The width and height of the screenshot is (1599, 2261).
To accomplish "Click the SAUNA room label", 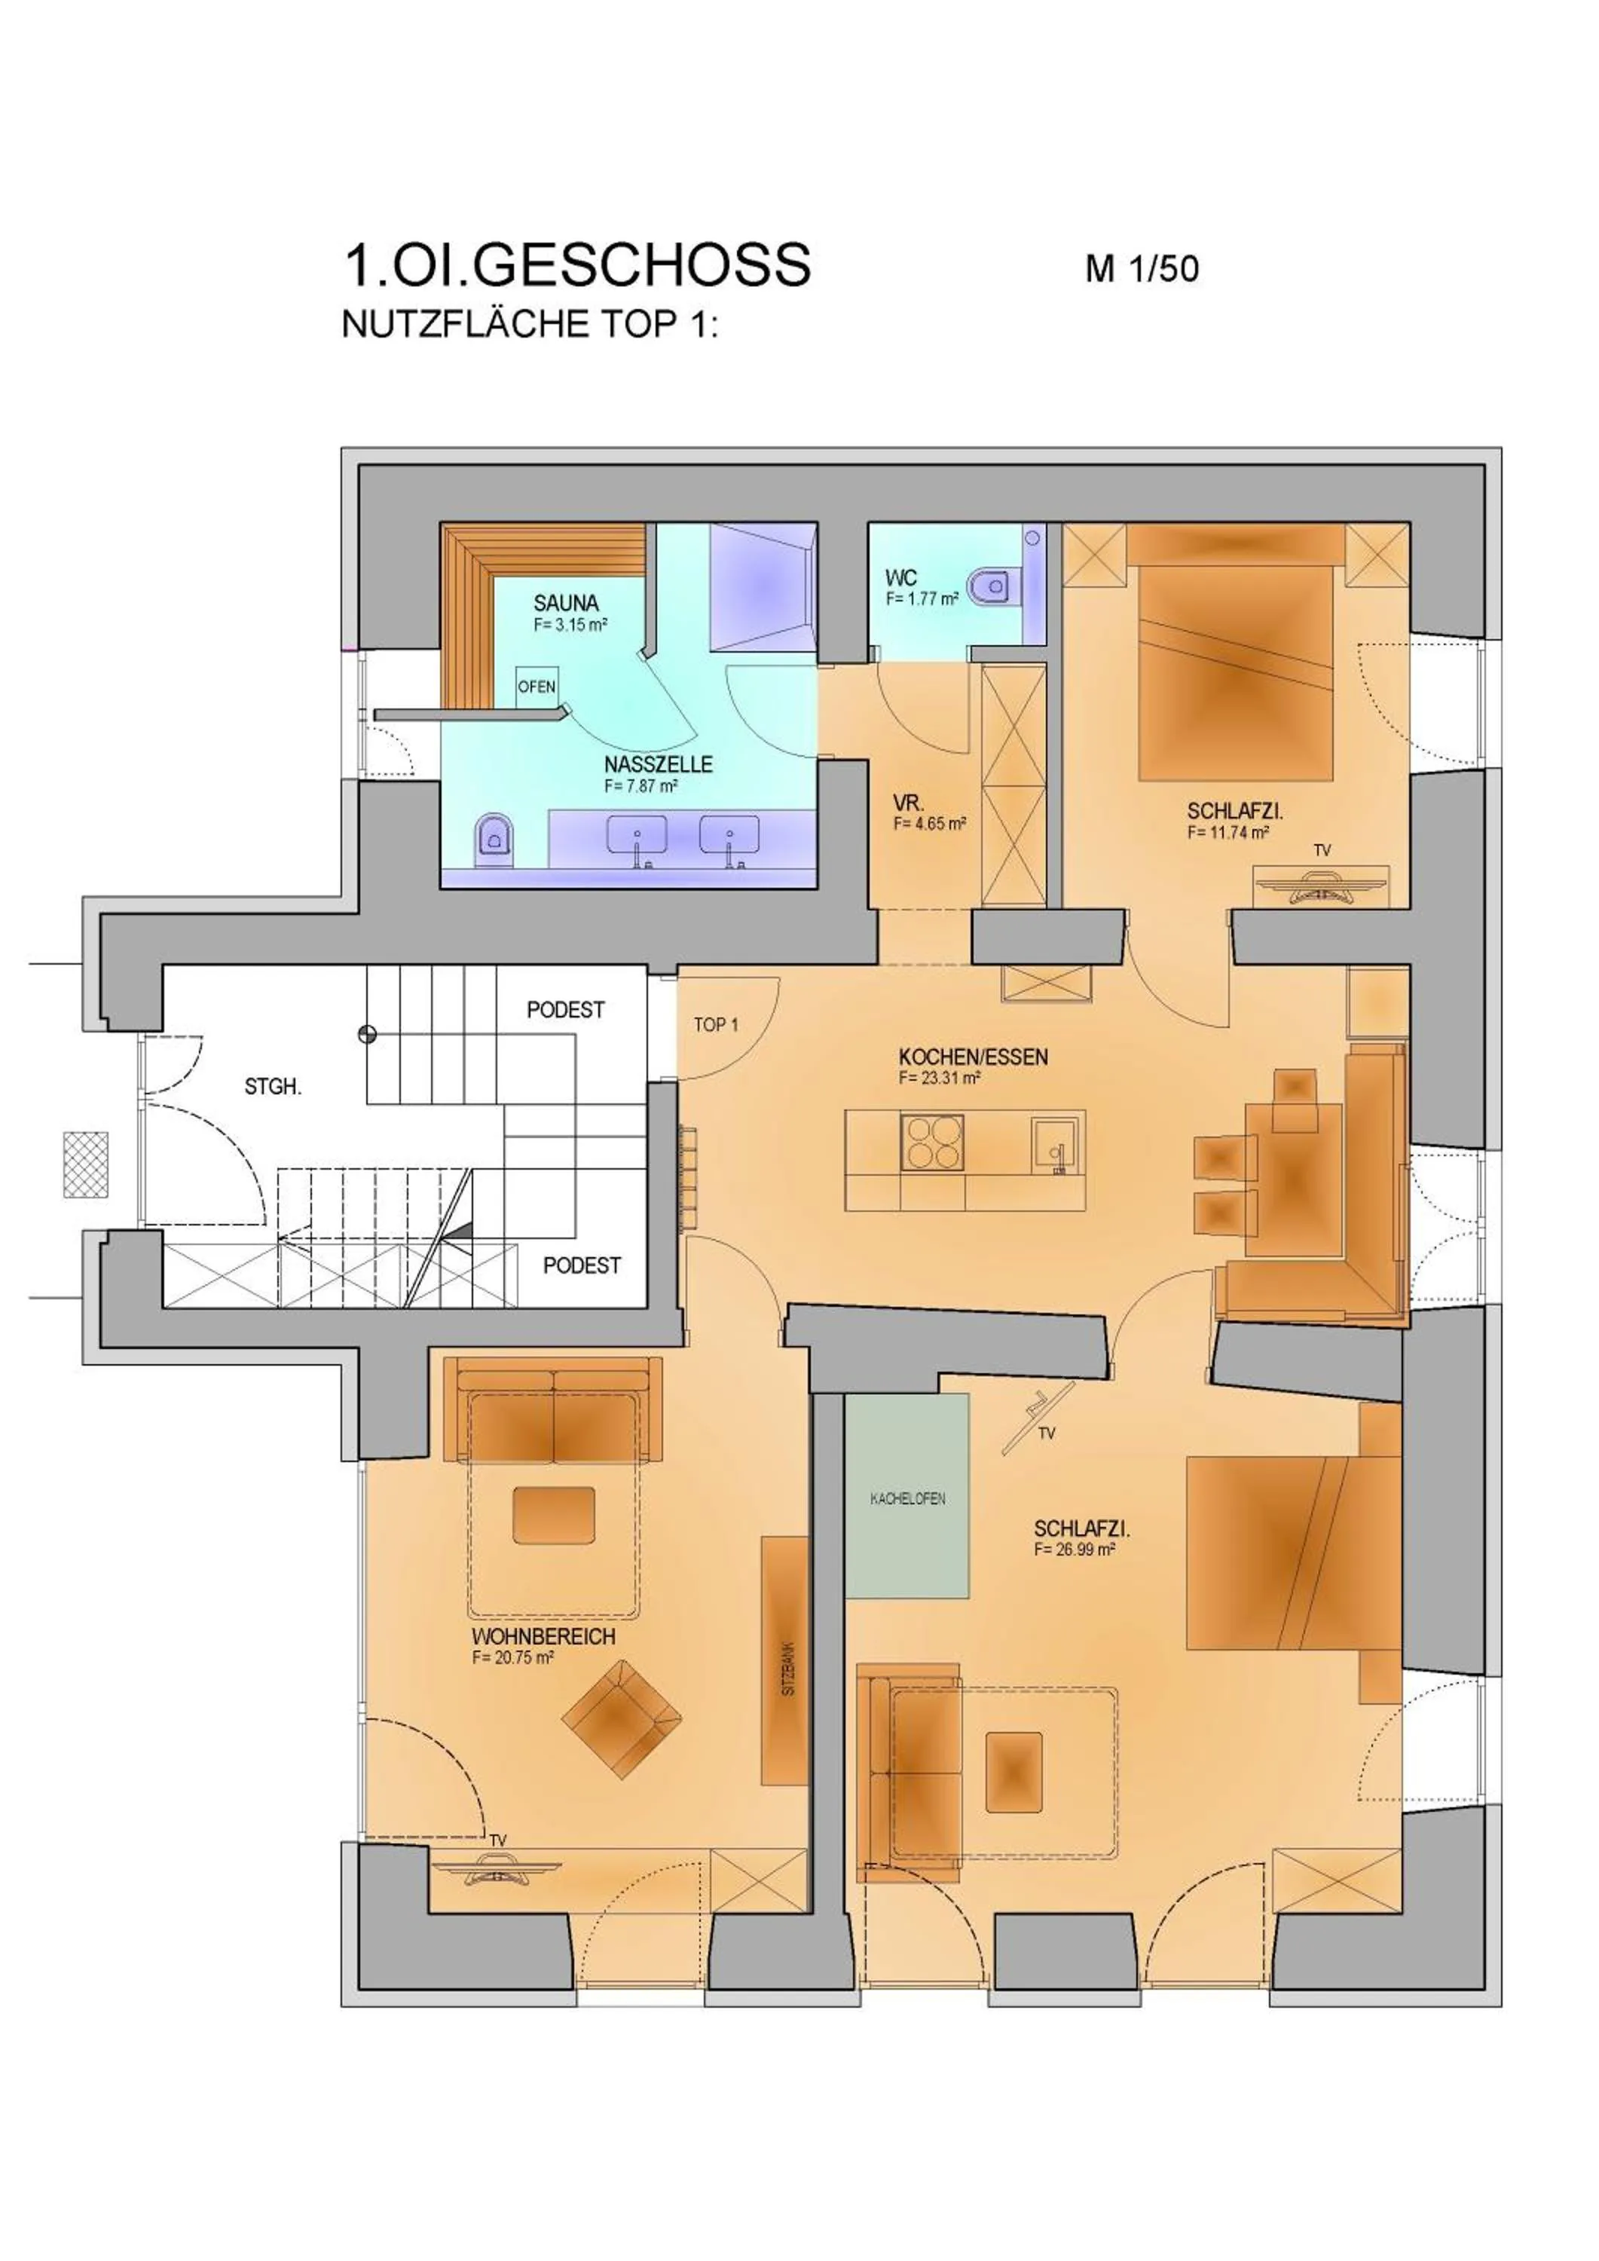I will (565, 603).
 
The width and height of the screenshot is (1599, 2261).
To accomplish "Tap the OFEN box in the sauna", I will (537, 687).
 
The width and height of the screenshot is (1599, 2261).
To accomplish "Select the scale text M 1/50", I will (1142, 269).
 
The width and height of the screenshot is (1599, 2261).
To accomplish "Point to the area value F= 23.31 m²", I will (938, 1078).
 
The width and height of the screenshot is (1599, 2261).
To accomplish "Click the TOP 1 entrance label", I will (716, 1025).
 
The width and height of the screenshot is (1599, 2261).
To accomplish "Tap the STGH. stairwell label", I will (273, 1088).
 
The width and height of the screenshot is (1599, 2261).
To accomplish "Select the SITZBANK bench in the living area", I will (784, 1660).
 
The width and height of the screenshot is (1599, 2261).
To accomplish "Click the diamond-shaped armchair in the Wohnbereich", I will (621, 1718).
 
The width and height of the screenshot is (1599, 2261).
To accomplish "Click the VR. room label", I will (908, 803).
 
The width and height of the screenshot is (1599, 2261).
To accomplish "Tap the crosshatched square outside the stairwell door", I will (86, 1165).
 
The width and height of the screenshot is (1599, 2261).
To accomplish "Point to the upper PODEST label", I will (565, 1011).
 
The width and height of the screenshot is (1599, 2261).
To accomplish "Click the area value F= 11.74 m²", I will (1227, 832).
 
